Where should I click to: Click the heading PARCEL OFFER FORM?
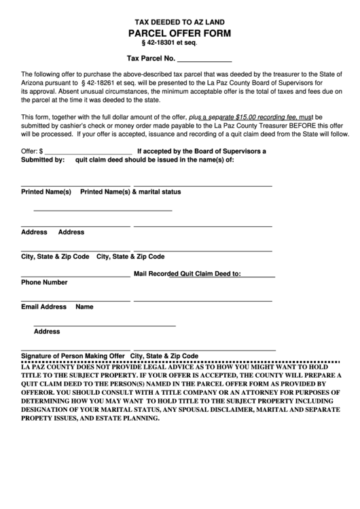(179, 33)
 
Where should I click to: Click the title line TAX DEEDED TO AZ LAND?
(179, 22)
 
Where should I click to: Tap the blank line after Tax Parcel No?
(204, 59)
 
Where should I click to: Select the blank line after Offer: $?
(88, 151)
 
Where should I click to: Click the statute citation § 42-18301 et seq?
(179, 43)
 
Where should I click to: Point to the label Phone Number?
(44, 282)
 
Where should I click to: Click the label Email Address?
(43, 306)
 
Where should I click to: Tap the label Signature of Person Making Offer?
(73, 355)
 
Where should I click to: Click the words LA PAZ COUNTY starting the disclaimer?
(49, 365)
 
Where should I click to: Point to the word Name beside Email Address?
(84, 306)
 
